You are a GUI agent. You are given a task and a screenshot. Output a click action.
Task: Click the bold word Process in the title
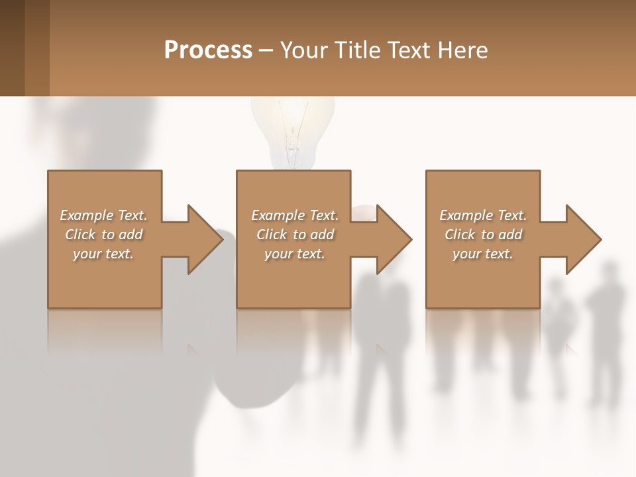tap(208, 50)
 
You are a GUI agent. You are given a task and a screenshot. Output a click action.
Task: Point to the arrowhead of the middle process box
tap(393, 239)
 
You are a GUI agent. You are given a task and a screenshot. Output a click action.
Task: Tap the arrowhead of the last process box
tap(582, 239)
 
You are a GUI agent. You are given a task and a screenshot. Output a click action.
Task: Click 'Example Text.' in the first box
tap(103, 215)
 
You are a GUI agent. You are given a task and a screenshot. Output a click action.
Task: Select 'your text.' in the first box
tap(103, 254)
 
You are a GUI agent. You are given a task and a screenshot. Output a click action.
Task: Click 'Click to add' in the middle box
tap(295, 235)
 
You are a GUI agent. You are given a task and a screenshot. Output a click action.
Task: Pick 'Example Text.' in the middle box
tap(295, 215)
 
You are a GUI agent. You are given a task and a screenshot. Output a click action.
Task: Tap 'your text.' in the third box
tap(483, 254)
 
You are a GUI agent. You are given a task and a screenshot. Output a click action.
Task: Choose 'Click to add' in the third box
tap(483, 235)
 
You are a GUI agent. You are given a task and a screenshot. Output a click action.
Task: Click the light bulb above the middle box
tap(292, 132)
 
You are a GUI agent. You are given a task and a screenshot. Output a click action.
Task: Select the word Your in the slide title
tap(304, 50)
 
